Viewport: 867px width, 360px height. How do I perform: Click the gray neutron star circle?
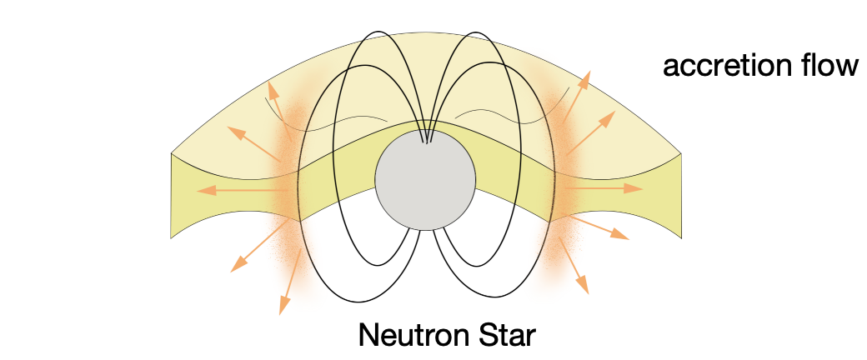point(425,178)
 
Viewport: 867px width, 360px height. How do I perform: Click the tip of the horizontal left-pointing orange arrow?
point(198,191)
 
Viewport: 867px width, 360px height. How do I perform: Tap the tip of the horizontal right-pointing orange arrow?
point(642,189)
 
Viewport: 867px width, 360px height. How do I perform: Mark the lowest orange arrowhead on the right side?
point(587,291)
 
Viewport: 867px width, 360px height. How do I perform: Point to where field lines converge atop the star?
point(427,140)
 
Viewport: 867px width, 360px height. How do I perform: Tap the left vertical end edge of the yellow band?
point(172,195)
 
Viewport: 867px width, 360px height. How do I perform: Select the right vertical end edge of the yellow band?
point(682,195)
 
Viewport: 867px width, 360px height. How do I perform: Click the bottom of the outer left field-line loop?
point(360,301)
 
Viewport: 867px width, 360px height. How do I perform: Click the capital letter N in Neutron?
point(368,335)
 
